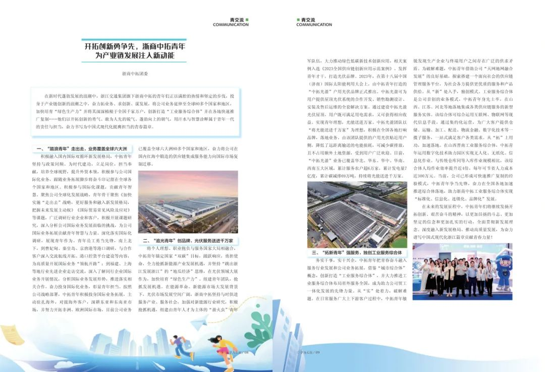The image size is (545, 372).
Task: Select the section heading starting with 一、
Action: (x=83, y=149)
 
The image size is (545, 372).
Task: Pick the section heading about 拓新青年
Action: (x=357, y=252)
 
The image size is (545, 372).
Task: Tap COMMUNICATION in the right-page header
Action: (x=314, y=25)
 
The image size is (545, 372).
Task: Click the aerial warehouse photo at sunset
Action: (x=188, y=202)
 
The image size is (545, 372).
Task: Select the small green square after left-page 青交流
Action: (x=247, y=20)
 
